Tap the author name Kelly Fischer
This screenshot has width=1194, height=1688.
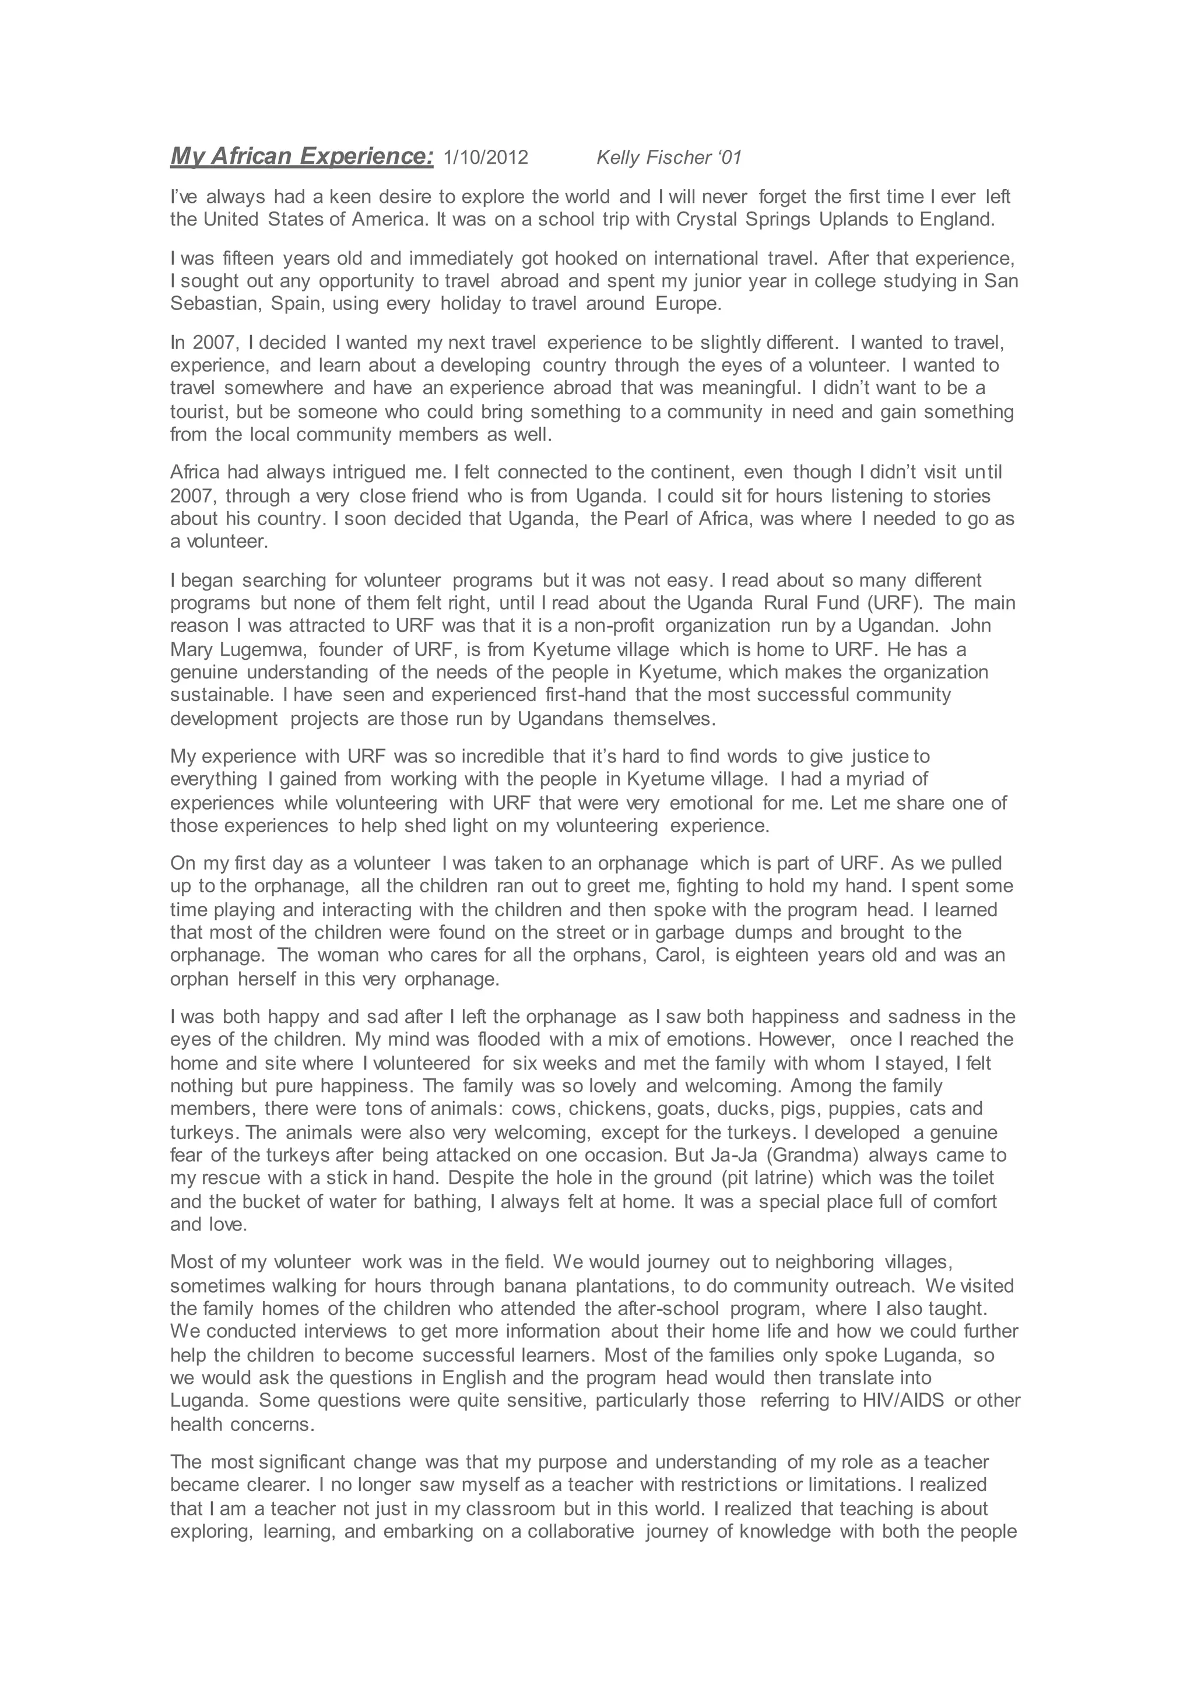tap(659, 157)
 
